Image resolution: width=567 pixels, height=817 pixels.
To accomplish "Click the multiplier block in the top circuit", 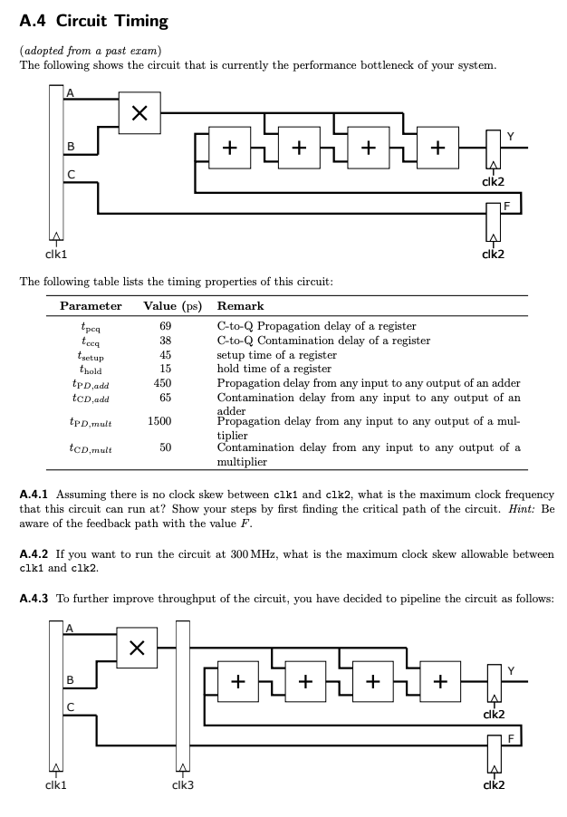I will [x=140, y=113].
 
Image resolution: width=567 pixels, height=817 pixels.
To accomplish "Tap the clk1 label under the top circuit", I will [x=56, y=255].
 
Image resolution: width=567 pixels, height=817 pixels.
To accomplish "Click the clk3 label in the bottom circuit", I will [x=182, y=784].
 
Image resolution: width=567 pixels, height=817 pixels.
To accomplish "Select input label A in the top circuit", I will [x=70, y=91].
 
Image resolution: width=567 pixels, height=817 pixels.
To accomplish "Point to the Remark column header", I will [x=241, y=306].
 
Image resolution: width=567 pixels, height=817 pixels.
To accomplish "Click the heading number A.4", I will [x=32, y=19].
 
